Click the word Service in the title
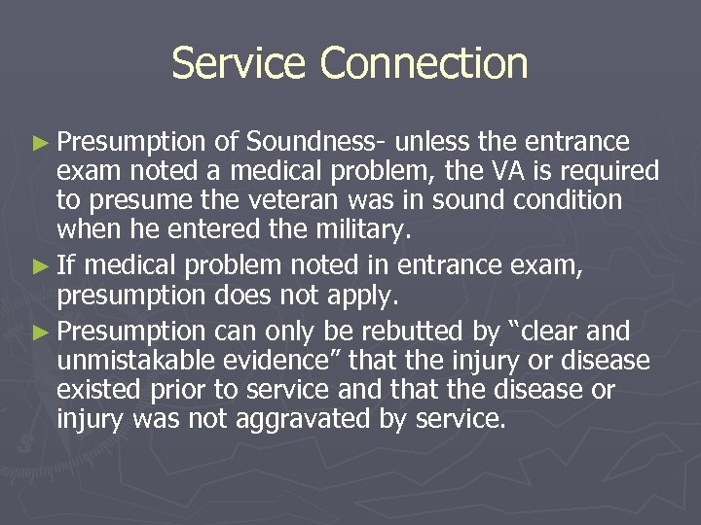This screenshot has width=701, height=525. click(240, 63)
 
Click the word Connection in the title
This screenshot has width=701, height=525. click(424, 63)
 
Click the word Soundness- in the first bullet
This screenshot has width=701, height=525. click(316, 143)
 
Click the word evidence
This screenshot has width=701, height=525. click(277, 362)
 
